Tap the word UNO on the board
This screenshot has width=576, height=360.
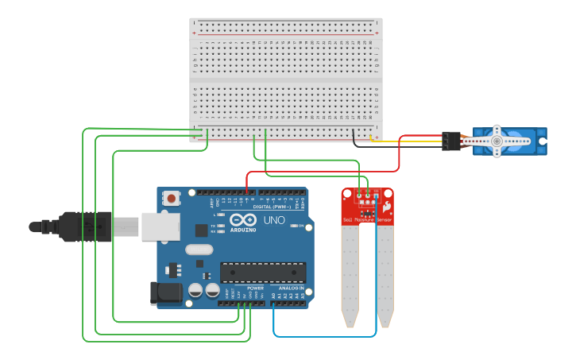273,220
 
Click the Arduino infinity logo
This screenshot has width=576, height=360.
243,220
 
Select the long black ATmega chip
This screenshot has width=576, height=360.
263,273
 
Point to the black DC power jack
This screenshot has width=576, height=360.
166,292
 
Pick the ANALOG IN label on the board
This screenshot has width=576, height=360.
291,288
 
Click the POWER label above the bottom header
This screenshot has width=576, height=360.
255,288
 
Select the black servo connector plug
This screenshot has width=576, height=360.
451,141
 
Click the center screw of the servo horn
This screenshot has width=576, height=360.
497,141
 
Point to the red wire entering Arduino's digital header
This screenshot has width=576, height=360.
247,185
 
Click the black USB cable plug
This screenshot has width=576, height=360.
79,226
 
